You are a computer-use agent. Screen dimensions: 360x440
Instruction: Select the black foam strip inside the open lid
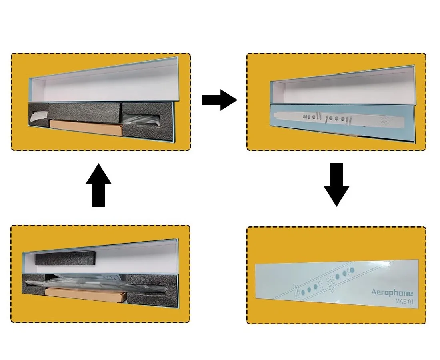66,258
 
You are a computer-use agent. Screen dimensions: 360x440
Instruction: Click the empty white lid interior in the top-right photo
344,88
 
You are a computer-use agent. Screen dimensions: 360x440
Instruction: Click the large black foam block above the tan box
84,112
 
